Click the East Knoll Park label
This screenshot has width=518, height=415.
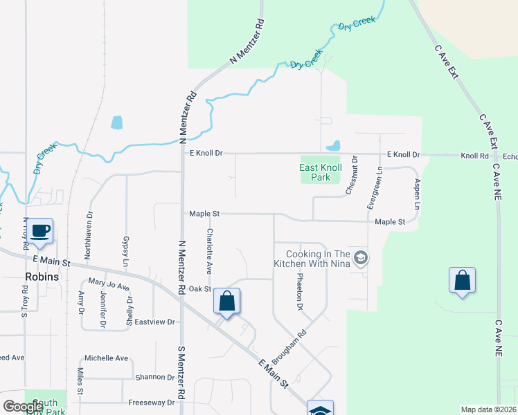point(324,172)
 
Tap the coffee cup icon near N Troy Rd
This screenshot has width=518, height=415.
point(40,230)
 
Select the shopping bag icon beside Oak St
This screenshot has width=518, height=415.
point(226,302)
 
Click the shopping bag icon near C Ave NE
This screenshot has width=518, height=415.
point(462,282)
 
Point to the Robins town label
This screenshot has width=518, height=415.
point(42,276)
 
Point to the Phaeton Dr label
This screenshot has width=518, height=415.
point(300,287)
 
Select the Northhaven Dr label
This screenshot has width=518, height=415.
point(88,236)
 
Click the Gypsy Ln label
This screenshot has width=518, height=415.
point(126,250)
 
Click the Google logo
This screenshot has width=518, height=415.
point(24,407)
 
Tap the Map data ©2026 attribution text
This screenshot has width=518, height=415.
point(488,409)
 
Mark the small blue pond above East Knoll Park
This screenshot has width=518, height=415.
point(334,146)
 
